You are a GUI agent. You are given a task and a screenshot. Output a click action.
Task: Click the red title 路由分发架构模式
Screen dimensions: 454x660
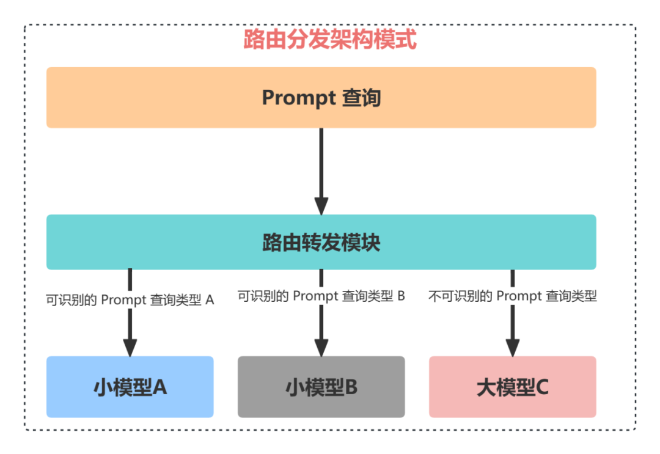pyautogui.click(x=330, y=40)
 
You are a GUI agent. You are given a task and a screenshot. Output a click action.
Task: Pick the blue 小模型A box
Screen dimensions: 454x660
pyautogui.click(x=130, y=387)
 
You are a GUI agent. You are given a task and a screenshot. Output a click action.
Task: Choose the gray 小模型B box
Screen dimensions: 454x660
pyautogui.click(x=321, y=387)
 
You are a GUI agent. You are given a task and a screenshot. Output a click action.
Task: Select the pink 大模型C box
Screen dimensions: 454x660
pyautogui.click(x=513, y=387)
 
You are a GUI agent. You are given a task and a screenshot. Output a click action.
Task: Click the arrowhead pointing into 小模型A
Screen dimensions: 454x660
pyautogui.click(x=130, y=347)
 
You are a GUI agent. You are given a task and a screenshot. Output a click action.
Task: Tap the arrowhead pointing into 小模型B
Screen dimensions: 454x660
pyautogui.click(x=321, y=347)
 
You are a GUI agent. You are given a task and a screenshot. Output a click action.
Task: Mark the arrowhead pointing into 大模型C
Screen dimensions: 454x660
pyautogui.click(x=513, y=347)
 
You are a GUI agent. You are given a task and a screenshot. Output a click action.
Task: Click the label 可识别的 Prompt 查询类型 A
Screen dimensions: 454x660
pyautogui.click(x=130, y=299)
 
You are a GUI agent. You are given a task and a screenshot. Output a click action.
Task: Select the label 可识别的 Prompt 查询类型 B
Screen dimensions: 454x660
pyautogui.click(x=321, y=296)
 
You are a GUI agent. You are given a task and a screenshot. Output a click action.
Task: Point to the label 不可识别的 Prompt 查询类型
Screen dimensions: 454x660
pyautogui.click(x=513, y=296)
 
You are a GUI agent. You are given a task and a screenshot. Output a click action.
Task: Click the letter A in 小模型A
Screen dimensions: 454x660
pyautogui.click(x=159, y=387)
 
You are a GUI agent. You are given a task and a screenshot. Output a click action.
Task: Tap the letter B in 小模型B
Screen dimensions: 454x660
pyautogui.click(x=351, y=387)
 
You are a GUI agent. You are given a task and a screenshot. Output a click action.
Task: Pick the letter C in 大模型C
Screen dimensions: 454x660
pyautogui.click(x=541, y=387)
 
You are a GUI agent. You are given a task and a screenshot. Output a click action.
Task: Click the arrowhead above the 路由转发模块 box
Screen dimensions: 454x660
pyautogui.click(x=321, y=205)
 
